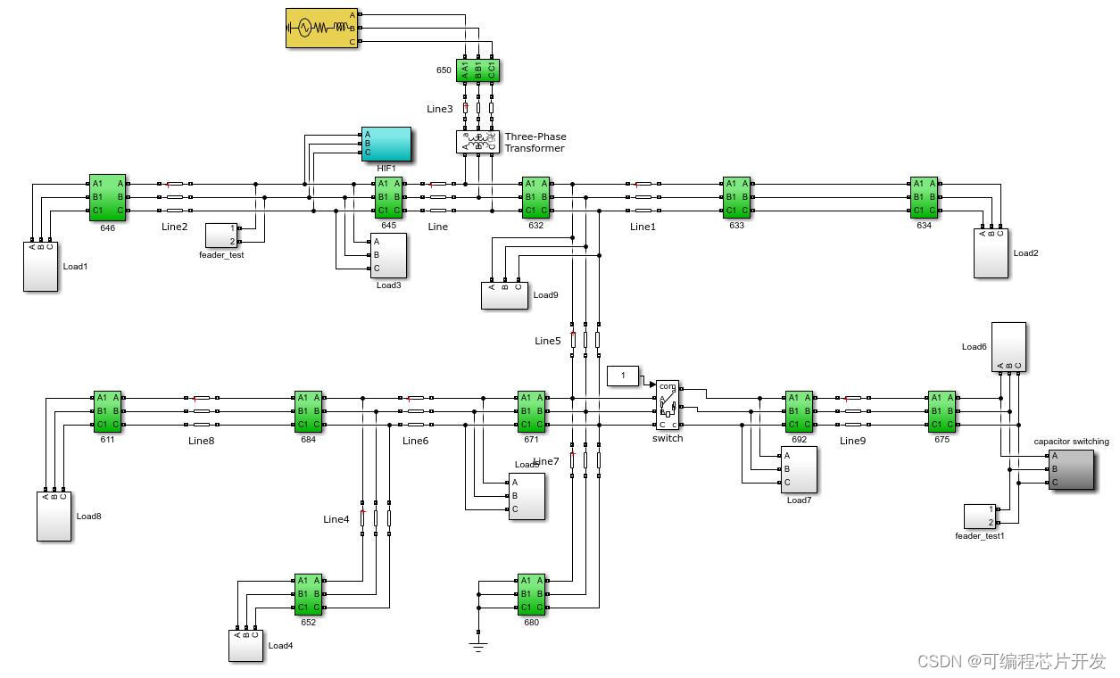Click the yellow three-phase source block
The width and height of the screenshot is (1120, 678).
click(x=322, y=28)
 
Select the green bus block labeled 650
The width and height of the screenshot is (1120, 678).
click(x=478, y=70)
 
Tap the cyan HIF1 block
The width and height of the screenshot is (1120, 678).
click(x=386, y=145)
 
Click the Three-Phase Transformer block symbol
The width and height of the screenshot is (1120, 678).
click(x=477, y=143)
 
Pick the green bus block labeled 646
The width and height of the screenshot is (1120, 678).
click(x=107, y=197)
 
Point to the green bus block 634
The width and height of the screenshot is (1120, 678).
click(x=924, y=197)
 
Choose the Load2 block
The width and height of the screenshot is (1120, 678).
click(x=991, y=254)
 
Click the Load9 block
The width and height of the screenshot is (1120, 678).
click(x=504, y=295)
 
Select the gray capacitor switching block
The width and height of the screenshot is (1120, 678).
click(x=1071, y=469)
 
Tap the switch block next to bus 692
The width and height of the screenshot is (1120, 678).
click(x=668, y=405)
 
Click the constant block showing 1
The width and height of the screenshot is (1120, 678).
click(x=623, y=376)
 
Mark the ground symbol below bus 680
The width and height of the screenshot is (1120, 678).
click(x=479, y=646)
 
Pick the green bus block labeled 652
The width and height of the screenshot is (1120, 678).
click(x=308, y=594)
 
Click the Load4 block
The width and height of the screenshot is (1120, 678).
click(x=245, y=646)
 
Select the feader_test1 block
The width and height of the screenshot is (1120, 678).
click(x=980, y=516)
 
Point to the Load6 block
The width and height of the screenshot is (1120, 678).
click(x=1008, y=346)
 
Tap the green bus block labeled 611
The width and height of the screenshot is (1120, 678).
click(x=107, y=411)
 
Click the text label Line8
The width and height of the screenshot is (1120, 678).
click(x=202, y=441)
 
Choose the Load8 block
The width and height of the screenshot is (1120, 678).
click(x=54, y=516)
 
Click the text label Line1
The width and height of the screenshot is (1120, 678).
click(x=643, y=227)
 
